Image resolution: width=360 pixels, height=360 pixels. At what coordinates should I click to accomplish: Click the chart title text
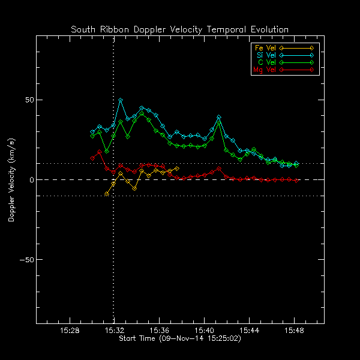point(179,29)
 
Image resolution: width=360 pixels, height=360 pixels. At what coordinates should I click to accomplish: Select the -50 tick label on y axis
point(26,260)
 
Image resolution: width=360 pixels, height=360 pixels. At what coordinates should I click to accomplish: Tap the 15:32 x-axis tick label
point(114,331)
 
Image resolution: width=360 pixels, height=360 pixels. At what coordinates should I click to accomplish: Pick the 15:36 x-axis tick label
point(159,331)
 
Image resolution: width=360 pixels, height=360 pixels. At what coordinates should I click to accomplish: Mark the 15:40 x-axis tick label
point(204,331)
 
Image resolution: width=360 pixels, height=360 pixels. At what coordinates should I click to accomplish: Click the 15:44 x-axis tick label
point(249,331)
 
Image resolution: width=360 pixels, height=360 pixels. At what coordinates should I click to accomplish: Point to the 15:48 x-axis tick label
point(293,331)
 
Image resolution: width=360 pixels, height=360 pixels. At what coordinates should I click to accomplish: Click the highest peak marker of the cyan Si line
point(121,100)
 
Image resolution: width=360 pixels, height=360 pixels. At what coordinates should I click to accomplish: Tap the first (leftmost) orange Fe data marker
point(107,193)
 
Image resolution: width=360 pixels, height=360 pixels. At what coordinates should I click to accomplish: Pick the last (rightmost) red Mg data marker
point(296,180)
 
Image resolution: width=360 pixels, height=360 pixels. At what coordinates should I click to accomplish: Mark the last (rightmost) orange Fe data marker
point(177,169)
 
